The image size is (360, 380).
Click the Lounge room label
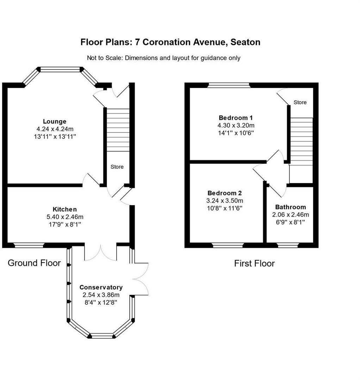click(x=55, y=121)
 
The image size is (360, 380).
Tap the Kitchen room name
click(x=65, y=209)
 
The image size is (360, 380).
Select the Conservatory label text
click(x=101, y=287)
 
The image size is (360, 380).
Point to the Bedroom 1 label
click(x=236, y=118)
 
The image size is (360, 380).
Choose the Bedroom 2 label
click(x=225, y=193)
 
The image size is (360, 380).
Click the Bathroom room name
click(x=291, y=207)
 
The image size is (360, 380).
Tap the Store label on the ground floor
click(x=117, y=167)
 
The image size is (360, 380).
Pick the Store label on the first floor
click(x=300, y=102)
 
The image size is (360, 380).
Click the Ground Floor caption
click(x=34, y=263)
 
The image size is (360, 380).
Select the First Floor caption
click(x=254, y=264)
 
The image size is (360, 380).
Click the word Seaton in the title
click(x=246, y=42)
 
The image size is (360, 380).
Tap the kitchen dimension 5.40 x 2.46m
click(x=65, y=217)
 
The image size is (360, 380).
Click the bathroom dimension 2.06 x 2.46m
click(x=291, y=215)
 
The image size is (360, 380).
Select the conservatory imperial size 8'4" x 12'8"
click(x=101, y=303)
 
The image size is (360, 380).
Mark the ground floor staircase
click(x=118, y=130)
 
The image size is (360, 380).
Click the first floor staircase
click(x=302, y=141)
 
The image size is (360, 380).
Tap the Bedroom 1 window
click(x=229, y=85)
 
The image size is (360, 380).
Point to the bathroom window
click(x=288, y=245)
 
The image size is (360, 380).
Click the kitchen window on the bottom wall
click(x=29, y=245)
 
